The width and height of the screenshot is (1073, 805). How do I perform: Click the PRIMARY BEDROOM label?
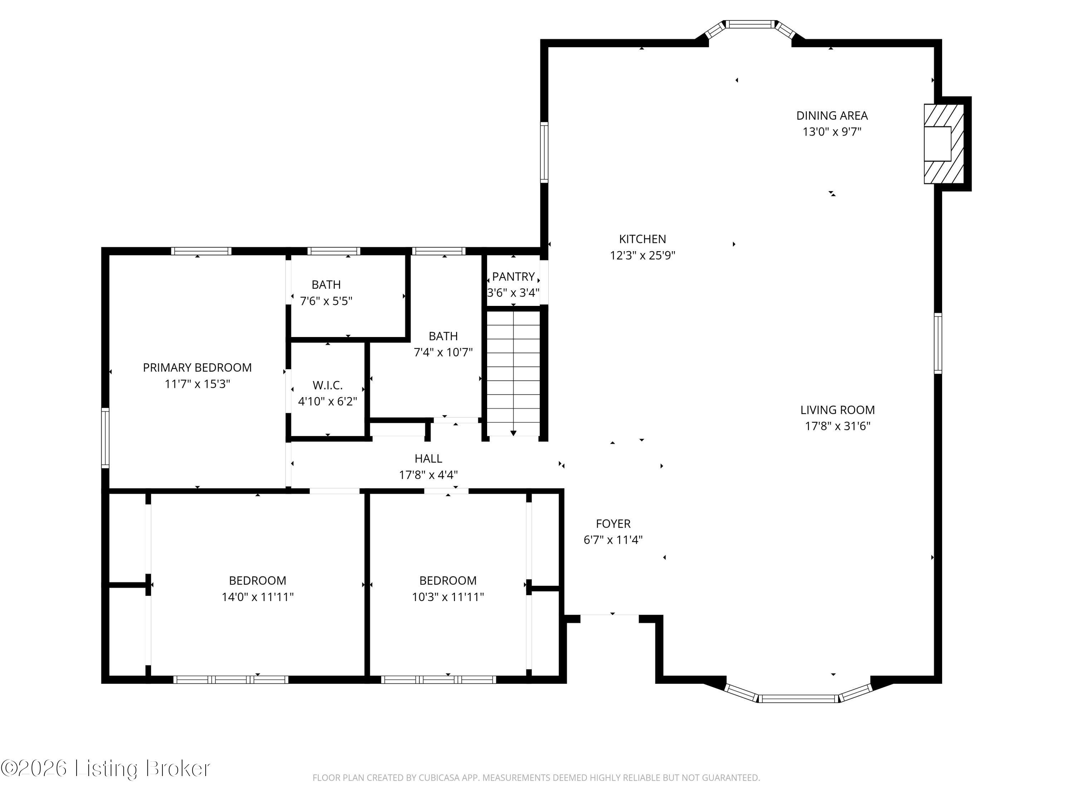[197, 367]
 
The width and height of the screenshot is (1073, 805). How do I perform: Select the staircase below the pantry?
[513, 373]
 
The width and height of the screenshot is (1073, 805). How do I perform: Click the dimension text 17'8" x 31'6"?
[838, 426]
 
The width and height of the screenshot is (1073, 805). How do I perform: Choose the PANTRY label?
[513, 277]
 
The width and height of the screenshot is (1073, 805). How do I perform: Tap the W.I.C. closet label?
[327, 385]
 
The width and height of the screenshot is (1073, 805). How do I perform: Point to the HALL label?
[428, 459]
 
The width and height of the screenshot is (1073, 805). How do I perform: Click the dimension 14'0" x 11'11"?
[258, 597]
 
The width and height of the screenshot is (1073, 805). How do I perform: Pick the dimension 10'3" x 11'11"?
[448, 597]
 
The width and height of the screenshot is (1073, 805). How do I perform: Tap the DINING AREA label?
[832, 116]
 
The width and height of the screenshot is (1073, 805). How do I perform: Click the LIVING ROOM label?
[838, 410]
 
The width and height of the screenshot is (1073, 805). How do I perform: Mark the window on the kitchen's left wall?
[544, 152]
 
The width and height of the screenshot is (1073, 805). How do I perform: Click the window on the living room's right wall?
[938, 343]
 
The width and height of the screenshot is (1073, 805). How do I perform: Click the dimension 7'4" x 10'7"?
[443, 352]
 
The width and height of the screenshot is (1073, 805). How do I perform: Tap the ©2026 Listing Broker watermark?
[106, 768]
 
